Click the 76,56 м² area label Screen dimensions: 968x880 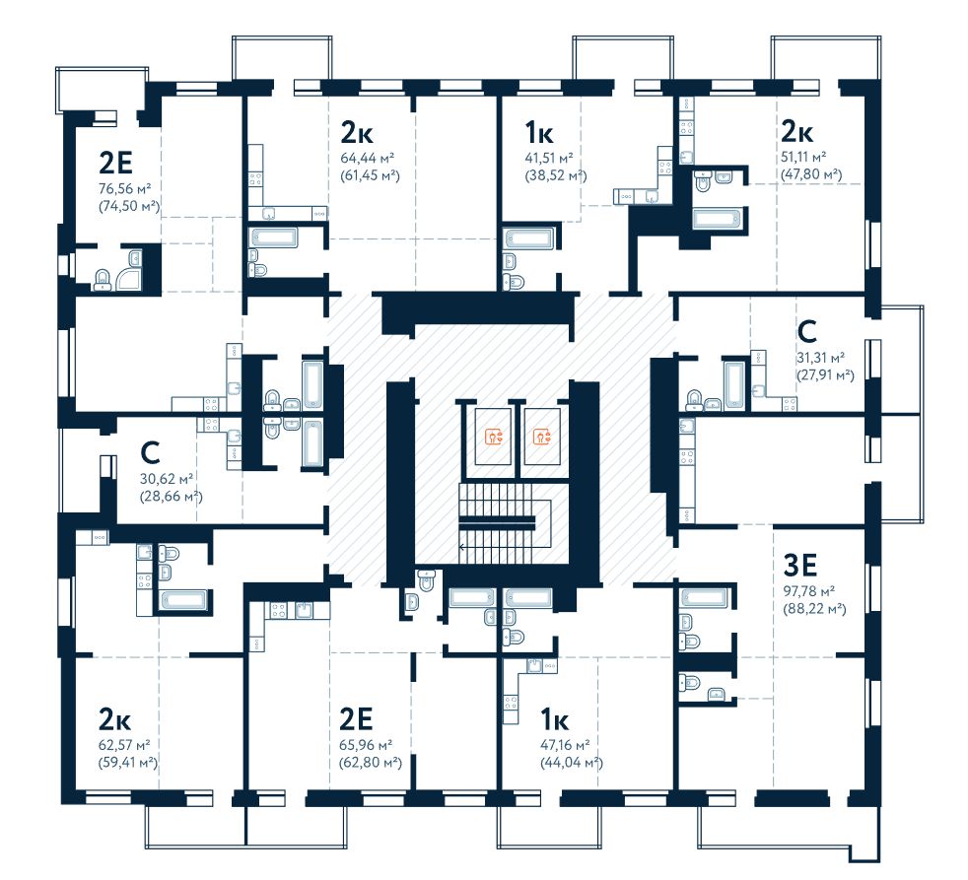click(x=125, y=189)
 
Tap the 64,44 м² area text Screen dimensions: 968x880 click(x=368, y=159)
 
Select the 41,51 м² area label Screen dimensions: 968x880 click(x=549, y=159)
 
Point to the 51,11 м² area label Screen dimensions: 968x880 click(x=803, y=157)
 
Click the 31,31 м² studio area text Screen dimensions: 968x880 click(x=820, y=358)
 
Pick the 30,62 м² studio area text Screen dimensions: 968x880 click(x=167, y=479)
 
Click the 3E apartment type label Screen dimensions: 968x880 click(x=800, y=564)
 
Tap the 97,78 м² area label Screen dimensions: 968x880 click(x=809, y=591)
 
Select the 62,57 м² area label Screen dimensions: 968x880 click(x=124, y=745)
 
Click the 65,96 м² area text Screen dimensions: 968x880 click(x=366, y=745)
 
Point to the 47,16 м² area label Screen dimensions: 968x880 click(x=565, y=745)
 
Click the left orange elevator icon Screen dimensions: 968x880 click(x=494, y=437)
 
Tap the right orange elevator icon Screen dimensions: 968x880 click(x=542, y=437)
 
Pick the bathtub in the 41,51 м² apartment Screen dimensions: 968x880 click(x=529, y=238)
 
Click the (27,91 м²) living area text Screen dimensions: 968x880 click(x=825, y=375)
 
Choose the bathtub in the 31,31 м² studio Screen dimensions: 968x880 click(x=734, y=385)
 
